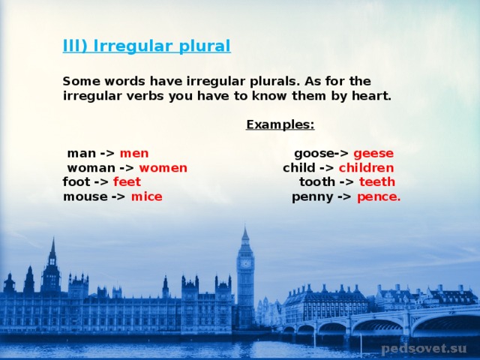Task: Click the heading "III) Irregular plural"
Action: pyautogui.click(x=147, y=46)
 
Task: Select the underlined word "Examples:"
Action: pyautogui.click(x=280, y=124)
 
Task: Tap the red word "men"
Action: pyautogui.click(x=134, y=153)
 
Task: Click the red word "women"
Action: pyautogui.click(x=163, y=168)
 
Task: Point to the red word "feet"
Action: pyautogui.click(x=127, y=181)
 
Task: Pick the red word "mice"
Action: pyautogui.click(x=147, y=196)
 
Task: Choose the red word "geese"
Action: pyautogui.click(x=373, y=154)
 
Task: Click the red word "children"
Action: pyautogui.click(x=367, y=168)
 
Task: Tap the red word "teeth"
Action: pyautogui.click(x=377, y=181)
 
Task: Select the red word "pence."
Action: pyautogui.click(x=379, y=197)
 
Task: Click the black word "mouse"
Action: pyautogui.click(x=85, y=196)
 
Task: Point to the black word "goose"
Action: pyautogui.click(x=314, y=154)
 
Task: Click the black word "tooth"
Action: pyautogui.click(x=317, y=181)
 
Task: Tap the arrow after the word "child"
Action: pyautogui.click(x=327, y=168)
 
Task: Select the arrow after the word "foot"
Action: pyautogui.click(x=101, y=182)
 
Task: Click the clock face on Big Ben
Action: pyautogui.click(x=245, y=263)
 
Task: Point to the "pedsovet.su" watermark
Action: pyautogui.click(x=424, y=349)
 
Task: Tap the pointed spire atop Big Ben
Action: pyautogui.click(x=245, y=233)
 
